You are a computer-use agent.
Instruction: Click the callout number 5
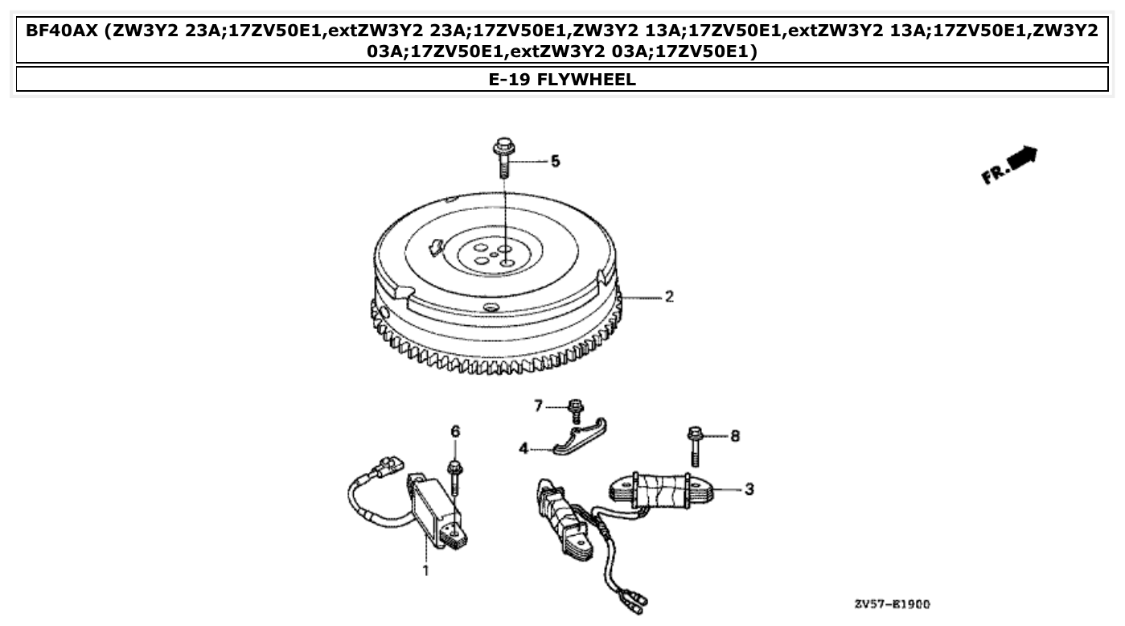pos(555,162)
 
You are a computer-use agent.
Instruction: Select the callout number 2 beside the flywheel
pos(668,297)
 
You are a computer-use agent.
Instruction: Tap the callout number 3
pos(749,488)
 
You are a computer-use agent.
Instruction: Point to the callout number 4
pos(523,449)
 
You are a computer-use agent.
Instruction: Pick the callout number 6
pos(455,432)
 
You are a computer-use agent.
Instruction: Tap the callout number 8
pos(734,435)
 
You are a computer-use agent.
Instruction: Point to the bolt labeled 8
pos(694,446)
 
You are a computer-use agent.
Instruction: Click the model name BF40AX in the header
pos(63,31)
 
